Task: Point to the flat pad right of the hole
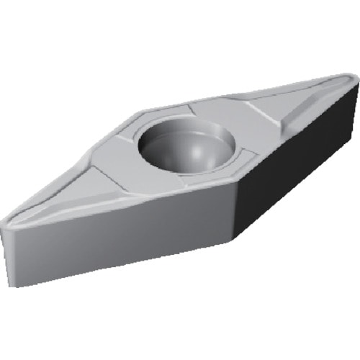pyautogui.click(x=223, y=130)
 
